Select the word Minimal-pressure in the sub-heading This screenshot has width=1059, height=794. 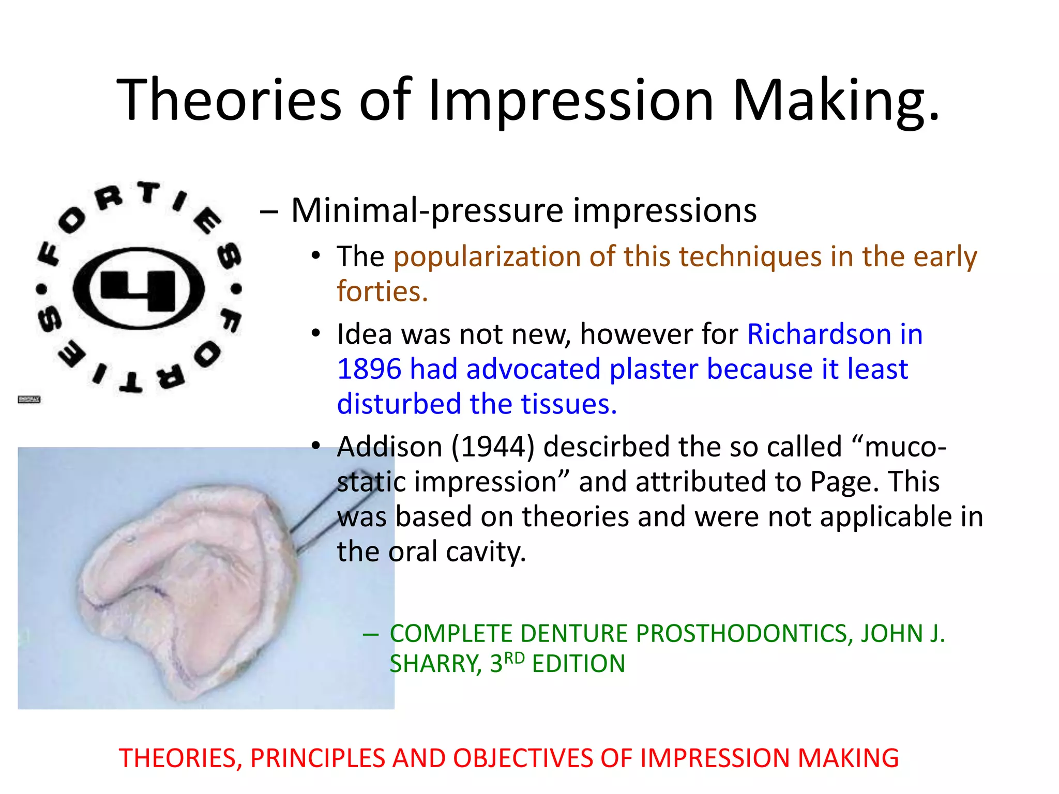tap(427, 211)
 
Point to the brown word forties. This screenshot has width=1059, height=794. tap(382, 292)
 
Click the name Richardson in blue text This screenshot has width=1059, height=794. tap(819, 334)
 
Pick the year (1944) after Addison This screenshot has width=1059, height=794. tap(492, 447)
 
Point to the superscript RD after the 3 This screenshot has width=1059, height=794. tap(514, 659)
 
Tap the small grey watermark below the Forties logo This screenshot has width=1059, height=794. tap(29, 400)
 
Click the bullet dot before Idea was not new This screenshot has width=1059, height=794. tap(316, 333)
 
